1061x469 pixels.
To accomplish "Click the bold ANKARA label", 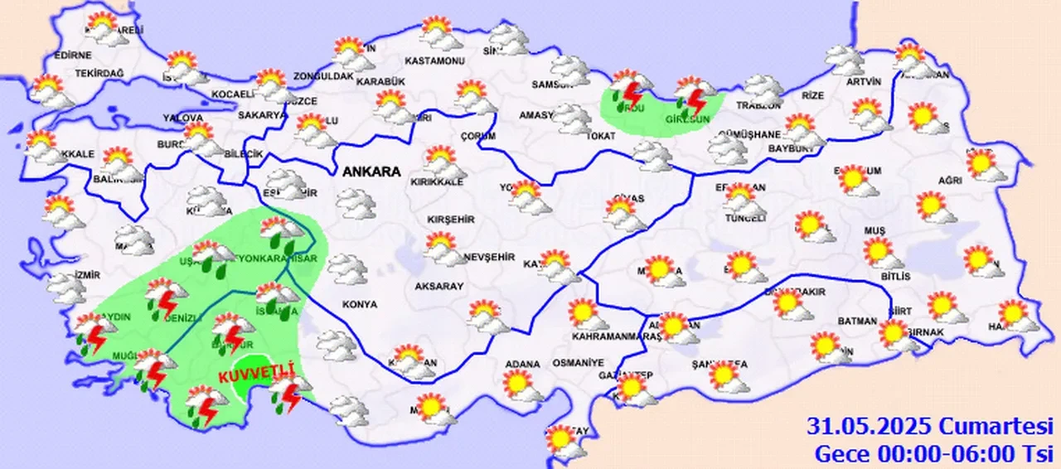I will (x=371, y=172).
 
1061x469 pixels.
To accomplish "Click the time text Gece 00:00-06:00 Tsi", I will (x=933, y=453).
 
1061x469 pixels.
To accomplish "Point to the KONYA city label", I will (x=359, y=305).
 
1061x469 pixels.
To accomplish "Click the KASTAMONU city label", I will (x=434, y=61).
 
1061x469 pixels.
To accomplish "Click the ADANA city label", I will (x=522, y=364).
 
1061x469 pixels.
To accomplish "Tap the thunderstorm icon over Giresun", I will (x=692, y=98).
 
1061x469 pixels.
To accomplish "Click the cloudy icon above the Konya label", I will (x=346, y=268).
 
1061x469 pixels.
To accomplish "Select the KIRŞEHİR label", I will (x=450, y=220).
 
